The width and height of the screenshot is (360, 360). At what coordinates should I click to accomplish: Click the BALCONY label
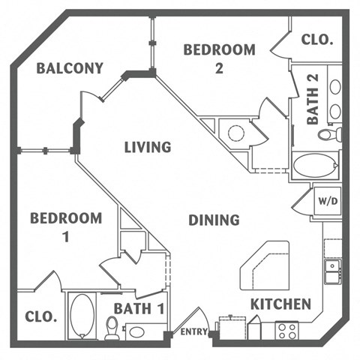[x=70, y=69]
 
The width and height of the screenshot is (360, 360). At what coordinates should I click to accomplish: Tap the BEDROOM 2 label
[x=219, y=58]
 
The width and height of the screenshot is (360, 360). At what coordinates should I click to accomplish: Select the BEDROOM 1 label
[x=65, y=226]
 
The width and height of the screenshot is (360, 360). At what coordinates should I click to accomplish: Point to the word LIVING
[x=148, y=147]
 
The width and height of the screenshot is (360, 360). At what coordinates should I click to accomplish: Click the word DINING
[x=214, y=220]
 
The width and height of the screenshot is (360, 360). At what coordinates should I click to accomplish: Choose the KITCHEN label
[x=280, y=304]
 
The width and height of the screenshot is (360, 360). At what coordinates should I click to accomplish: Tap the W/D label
[x=327, y=201]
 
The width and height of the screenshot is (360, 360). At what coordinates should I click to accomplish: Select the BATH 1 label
[x=139, y=308]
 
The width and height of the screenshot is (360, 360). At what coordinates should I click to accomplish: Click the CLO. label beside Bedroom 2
[x=316, y=40]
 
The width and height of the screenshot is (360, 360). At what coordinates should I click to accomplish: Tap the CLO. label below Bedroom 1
[x=40, y=316]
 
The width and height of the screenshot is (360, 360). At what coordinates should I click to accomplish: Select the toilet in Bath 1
[x=112, y=327]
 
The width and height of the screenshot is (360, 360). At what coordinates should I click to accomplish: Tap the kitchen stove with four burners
[x=286, y=330]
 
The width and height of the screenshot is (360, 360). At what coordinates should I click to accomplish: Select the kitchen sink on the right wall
[x=331, y=271]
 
